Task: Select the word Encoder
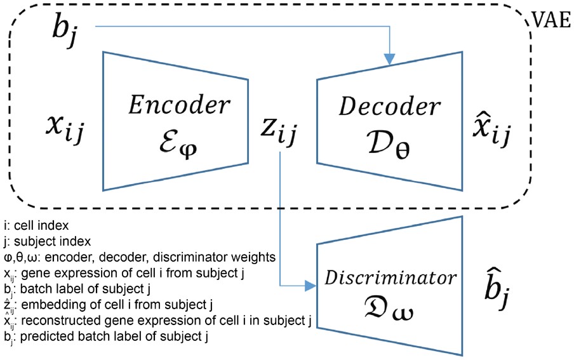(x=182, y=105)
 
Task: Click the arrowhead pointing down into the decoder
(x=389, y=59)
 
